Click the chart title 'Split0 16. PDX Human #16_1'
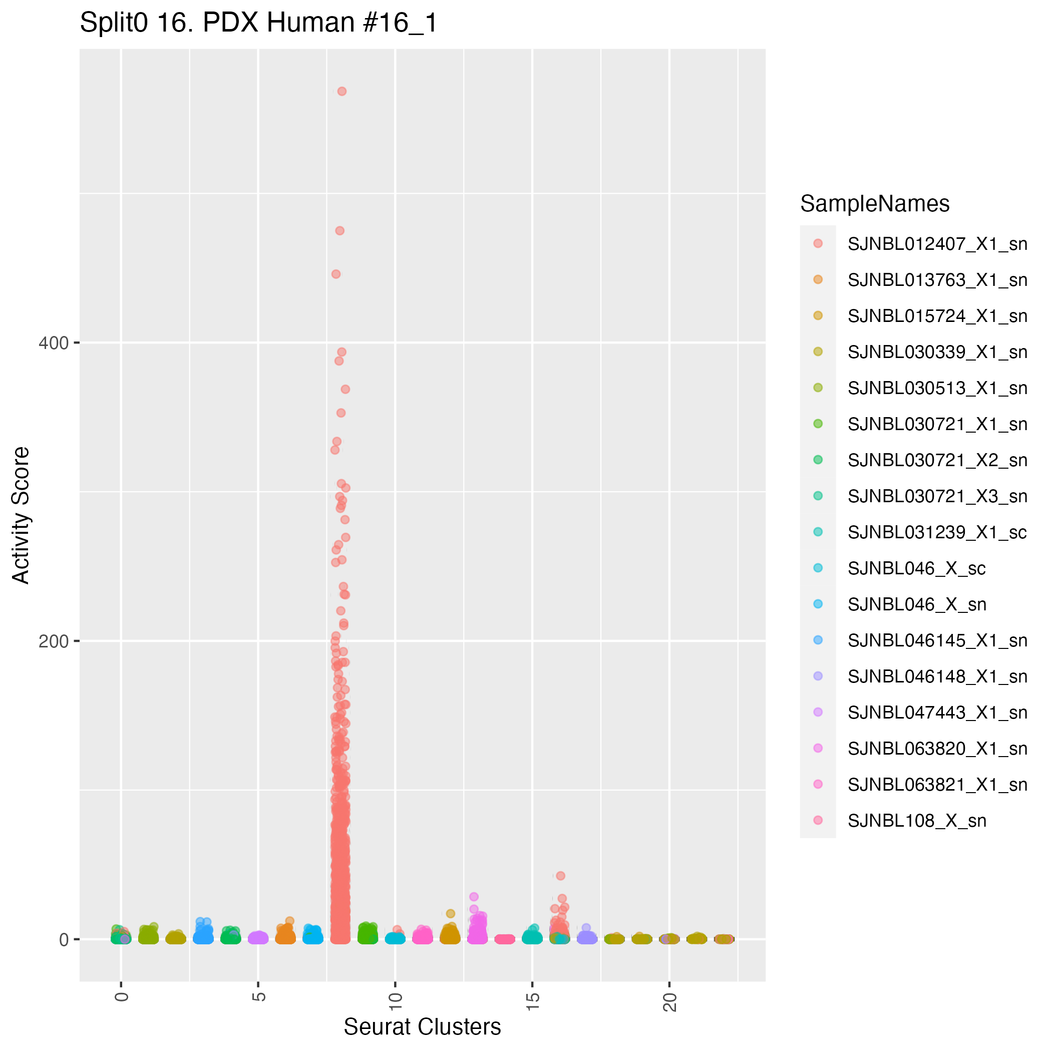(x=258, y=23)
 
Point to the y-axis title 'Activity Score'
(x=21, y=515)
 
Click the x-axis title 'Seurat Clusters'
(x=422, y=1026)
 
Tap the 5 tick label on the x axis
(x=258, y=996)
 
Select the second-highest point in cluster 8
(x=339, y=231)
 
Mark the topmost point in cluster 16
(x=560, y=876)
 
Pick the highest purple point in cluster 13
(x=474, y=896)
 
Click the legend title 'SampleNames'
(x=875, y=204)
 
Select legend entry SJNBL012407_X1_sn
(x=937, y=244)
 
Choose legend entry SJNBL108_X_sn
(x=917, y=821)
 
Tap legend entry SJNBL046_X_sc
(x=917, y=568)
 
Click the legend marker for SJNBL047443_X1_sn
(x=818, y=713)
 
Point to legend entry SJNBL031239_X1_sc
(x=937, y=533)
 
